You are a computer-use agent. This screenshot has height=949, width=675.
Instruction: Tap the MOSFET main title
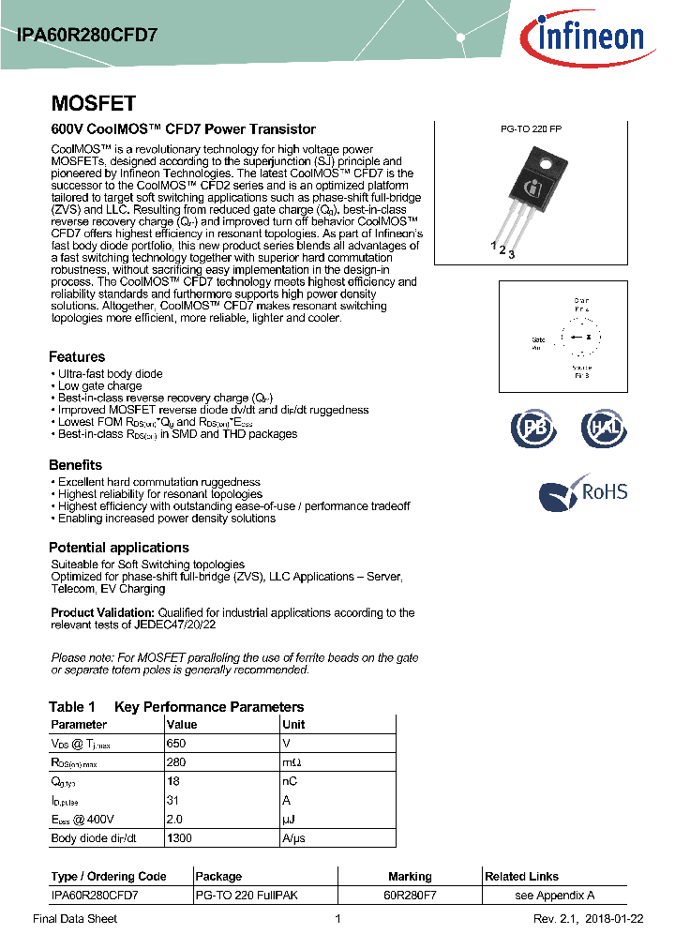93,103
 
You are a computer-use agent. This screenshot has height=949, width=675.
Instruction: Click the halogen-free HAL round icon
603,428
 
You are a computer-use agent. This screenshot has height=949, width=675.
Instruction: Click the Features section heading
77,356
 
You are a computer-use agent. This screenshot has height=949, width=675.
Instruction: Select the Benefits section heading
75,465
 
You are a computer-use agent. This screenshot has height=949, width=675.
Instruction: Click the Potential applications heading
119,548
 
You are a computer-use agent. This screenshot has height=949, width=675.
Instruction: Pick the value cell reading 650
176,743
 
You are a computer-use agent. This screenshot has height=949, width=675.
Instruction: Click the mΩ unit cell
292,762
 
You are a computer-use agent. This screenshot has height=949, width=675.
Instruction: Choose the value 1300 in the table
179,838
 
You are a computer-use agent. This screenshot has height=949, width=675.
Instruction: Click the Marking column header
410,877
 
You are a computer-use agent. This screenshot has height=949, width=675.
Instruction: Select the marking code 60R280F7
410,896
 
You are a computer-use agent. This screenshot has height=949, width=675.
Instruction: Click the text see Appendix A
555,896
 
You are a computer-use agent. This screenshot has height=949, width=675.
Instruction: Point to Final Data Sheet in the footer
75,919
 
